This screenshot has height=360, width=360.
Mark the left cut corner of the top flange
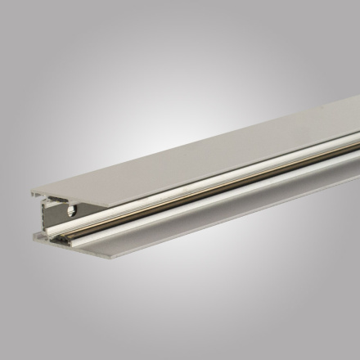tap(34, 194)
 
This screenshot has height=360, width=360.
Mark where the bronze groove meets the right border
tap(358, 153)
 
